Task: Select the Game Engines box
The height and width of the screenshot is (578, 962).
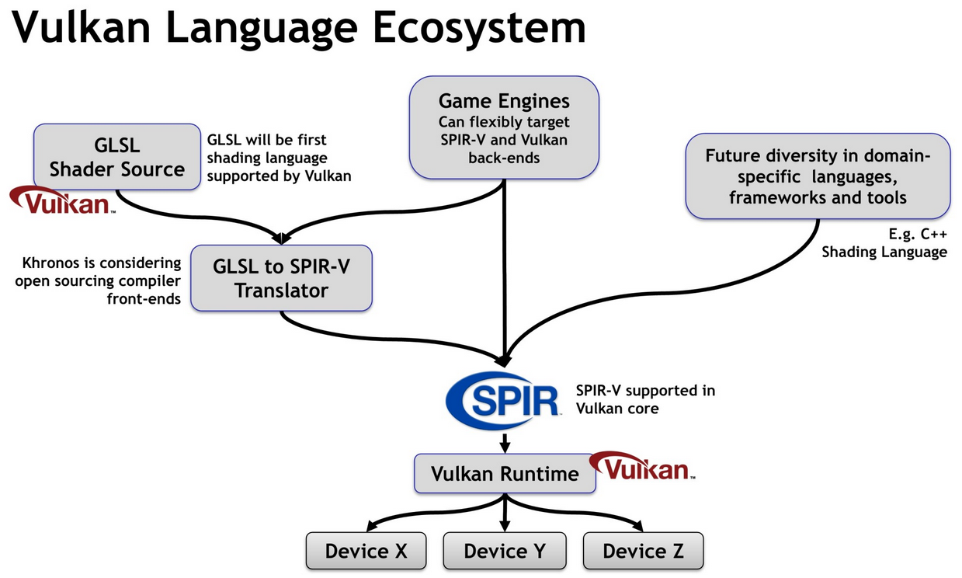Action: click(x=504, y=128)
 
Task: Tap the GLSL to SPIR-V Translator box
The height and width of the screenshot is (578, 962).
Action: click(x=281, y=278)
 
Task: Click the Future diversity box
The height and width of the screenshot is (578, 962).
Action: click(x=818, y=176)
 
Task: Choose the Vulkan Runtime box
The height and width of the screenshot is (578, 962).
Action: click(x=505, y=473)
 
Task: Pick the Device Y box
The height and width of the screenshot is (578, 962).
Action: click(x=505, y=551)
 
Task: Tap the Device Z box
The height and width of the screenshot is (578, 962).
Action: click(x=643, y=551)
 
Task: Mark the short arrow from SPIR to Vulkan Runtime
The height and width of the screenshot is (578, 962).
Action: click(x=505, y=444)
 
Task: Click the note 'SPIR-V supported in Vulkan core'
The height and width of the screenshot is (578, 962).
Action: click(x=645, y=399)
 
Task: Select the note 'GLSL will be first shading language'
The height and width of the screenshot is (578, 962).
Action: click(x=279, y=158)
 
